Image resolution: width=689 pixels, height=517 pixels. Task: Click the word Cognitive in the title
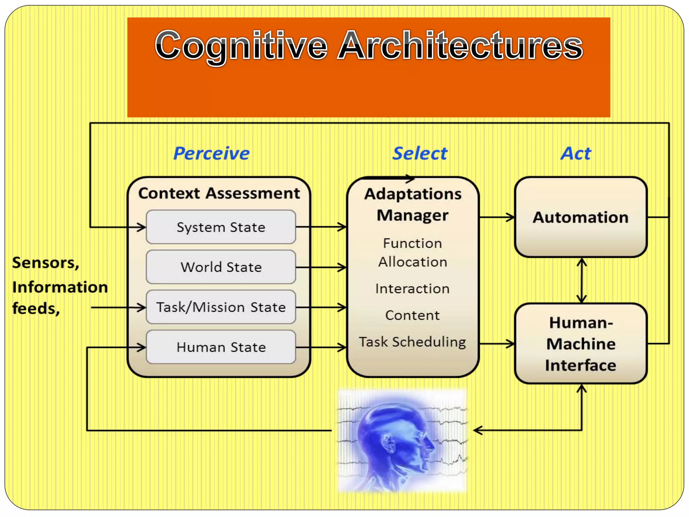[x=241, y=45]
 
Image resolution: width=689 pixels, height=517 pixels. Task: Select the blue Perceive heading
[x=211, y=153]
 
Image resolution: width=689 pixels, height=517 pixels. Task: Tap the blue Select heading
[x=420, y=153]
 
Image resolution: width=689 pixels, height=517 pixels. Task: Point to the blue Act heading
[x=576, y=153]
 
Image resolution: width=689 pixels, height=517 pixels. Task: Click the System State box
[x=221, y=227]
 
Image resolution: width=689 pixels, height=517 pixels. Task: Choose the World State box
[x=221, y=267]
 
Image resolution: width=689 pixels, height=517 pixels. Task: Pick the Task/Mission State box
[x=221, y=307]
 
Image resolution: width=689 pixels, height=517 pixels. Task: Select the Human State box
[x=221, y=347]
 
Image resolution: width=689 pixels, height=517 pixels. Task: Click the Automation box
[x=581, y=217]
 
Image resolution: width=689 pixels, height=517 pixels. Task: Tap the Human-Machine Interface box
[x=581, y=344]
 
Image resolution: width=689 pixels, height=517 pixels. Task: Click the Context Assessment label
[x=219, y=194]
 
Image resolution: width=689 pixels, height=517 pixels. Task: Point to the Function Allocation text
[x=412, y=252]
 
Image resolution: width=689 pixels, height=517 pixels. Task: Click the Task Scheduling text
[x=412, y=342]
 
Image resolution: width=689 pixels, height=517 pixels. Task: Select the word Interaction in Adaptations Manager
[x=412, y=289]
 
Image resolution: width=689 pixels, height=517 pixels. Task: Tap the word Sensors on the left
[x=45, y=263]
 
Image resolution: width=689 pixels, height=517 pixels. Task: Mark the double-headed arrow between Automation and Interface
[x=581, y=280]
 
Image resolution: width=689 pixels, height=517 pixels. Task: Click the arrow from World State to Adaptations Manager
[x=321, y=268]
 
